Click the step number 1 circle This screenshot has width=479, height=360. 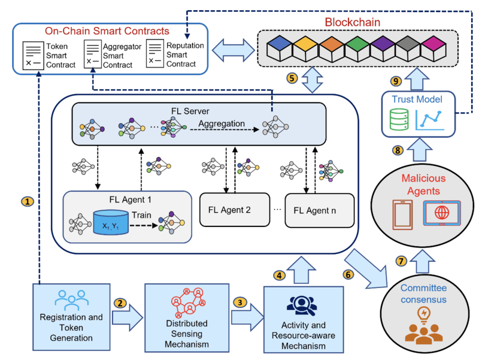coord(26,202)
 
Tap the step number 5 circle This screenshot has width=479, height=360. coord(292,78)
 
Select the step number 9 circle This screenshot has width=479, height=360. coord(395,80)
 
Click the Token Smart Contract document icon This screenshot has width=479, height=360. coord(31,54)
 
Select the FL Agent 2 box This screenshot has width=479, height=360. coord(234,210)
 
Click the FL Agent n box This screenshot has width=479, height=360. coord(316,210)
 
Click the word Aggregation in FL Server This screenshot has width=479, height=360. coord(223,123)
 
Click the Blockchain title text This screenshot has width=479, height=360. coord(353,22)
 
